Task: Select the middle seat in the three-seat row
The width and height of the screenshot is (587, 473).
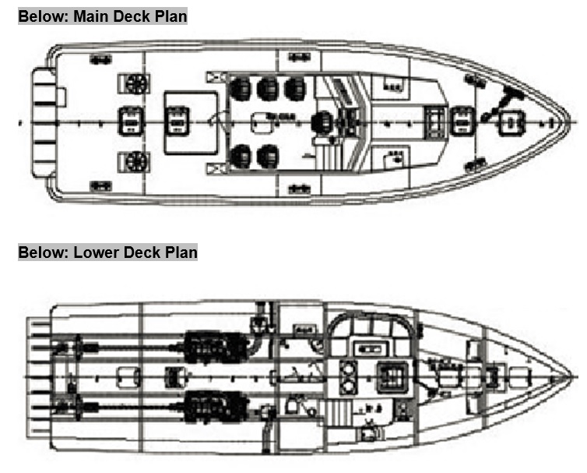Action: pyautogui.click(x=269, y=87)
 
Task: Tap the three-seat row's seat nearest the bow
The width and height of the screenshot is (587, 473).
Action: pyautogui.click(x=295, y=87)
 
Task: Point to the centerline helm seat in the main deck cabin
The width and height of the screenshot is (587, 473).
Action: pyautogui.click(x=320, y=122)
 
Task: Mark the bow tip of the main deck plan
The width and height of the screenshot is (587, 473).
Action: pyautogui.click(x=575, y=122)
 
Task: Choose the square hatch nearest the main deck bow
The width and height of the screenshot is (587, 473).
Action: pyautogui.click(x=511, y=122)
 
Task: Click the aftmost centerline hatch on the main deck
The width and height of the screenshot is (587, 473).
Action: pyautogui.click(x=130, y=122)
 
